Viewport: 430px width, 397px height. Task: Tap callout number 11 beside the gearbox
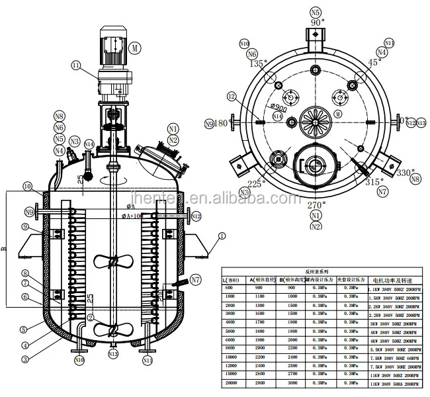[x=76, y=65]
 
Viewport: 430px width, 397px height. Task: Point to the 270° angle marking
[x=316, y=205]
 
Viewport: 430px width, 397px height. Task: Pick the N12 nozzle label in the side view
[x=196, y=216]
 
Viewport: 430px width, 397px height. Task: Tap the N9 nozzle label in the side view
[x=29, y=212]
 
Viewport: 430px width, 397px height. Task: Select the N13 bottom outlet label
[x=113, y=354]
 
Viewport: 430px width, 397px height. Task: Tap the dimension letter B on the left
[x=5, y=249]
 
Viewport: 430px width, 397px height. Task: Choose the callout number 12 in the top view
[x=231, y=97]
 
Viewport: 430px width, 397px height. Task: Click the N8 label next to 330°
[x=415, y=179]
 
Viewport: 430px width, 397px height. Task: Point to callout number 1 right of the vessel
[x=222, y=235]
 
